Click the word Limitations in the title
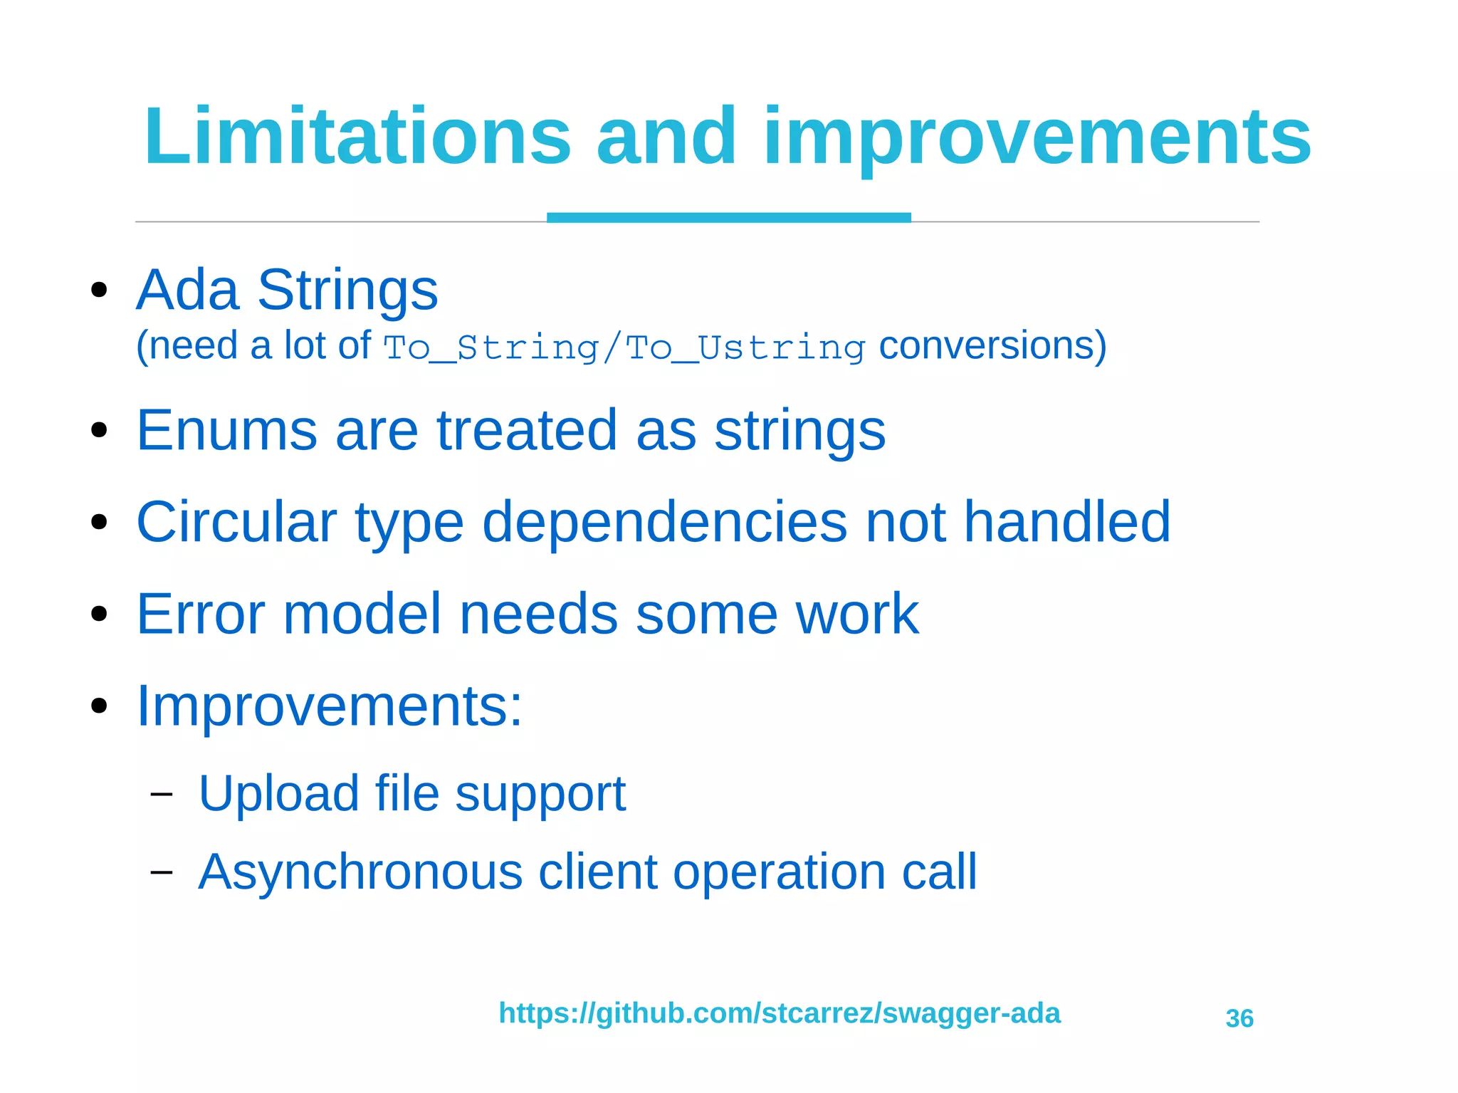[357, 136]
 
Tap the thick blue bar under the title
[728, 217]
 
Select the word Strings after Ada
[347, 291]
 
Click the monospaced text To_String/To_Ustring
[624, 347]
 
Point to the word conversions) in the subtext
[992, 346]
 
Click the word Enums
[226, 430]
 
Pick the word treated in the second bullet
[527, 430]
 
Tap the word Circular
[236, 522]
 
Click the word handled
[1066, 522]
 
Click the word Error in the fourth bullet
[201, 614]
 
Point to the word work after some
[857, 614]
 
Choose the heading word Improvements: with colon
[329, 706]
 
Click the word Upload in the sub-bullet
[278, 794]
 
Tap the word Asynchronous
[360, 873]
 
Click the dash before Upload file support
[162, 794]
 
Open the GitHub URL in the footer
[779, 1013]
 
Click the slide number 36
[1239, 1019]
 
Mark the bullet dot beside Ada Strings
[99, 290]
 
